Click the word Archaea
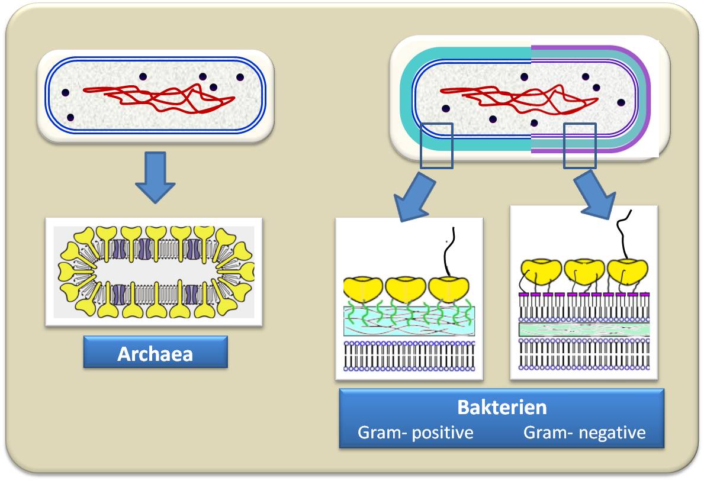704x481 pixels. pos(155,354)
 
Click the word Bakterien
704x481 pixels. pos(502,408)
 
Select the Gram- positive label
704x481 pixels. pos(415,433)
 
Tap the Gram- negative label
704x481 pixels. pos(584,433)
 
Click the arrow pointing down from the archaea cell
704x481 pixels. pos(155,177)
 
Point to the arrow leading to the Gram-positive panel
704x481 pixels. pos(413,198)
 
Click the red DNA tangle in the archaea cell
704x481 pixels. pos(159,98)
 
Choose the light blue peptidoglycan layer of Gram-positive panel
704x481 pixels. pos(409,321)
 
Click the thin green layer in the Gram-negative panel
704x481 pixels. pos(584,330)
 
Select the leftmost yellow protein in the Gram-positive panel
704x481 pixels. pos(363,289)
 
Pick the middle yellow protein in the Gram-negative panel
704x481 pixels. pos(584,271)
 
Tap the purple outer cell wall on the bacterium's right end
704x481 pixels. pos(647,99)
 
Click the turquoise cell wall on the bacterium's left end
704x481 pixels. pos(406,99)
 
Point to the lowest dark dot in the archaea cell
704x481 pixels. pos(70,118)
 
